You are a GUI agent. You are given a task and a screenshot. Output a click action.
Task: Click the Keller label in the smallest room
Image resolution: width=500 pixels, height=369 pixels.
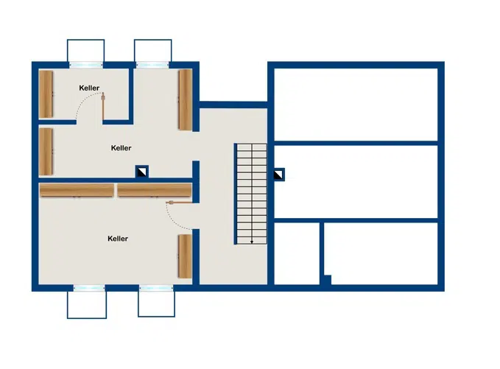[x=89, y=88]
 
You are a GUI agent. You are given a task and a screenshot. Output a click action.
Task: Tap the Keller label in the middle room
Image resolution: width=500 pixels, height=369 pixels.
[x=121, y=148]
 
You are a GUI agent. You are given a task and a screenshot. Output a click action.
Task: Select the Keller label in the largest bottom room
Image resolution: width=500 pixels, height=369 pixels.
[x=117, y=239]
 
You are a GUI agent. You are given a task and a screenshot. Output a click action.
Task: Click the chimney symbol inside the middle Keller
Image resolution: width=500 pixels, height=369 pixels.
[x=141, y=172]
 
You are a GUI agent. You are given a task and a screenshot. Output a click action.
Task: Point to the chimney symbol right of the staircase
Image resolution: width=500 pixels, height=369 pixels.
[x=279, y=175]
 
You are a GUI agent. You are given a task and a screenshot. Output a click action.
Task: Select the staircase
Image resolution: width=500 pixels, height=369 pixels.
[x=251, y=194]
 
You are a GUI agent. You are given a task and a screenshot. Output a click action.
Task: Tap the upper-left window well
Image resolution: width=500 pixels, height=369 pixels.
[x=85, y=52]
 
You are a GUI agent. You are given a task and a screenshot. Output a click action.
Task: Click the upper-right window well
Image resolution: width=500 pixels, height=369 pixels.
[x=152, y=52]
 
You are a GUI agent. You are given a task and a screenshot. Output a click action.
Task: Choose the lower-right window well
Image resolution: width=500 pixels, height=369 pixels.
[x=156, y=303]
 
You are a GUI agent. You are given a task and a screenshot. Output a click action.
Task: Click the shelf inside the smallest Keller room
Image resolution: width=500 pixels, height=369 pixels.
[x=46, y=94]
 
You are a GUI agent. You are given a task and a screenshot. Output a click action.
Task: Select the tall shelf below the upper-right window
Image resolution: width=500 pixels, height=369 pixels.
[x=185, y=99]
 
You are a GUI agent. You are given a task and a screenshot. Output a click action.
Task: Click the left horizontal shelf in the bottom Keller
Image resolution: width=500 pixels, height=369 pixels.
[x=77, y=190]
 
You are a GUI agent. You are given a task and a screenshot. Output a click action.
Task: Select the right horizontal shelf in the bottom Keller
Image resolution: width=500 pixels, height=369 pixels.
[x=154, y=190]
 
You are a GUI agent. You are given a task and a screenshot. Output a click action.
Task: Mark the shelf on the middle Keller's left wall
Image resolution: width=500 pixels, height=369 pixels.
[x=46, y=151]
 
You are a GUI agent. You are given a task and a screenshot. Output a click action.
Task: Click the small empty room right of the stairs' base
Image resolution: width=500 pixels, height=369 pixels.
[x=297, y=253]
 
